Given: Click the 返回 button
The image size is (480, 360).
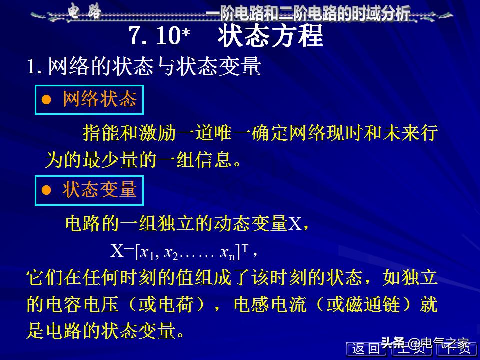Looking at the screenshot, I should coord(365,349).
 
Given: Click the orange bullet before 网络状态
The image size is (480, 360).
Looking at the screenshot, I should coord(47,100).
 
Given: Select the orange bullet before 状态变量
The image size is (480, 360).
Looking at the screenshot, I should coord(47,190).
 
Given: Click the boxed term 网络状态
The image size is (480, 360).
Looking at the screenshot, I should coord(99,100).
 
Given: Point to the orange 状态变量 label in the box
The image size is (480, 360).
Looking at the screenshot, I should coord(99,190).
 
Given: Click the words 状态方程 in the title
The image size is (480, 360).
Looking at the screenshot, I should coord(270,36).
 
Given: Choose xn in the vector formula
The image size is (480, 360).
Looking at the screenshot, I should coord(227,253).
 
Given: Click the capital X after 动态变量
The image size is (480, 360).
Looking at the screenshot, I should coord(295,223).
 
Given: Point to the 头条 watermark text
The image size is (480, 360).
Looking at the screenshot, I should coord(393,343).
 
